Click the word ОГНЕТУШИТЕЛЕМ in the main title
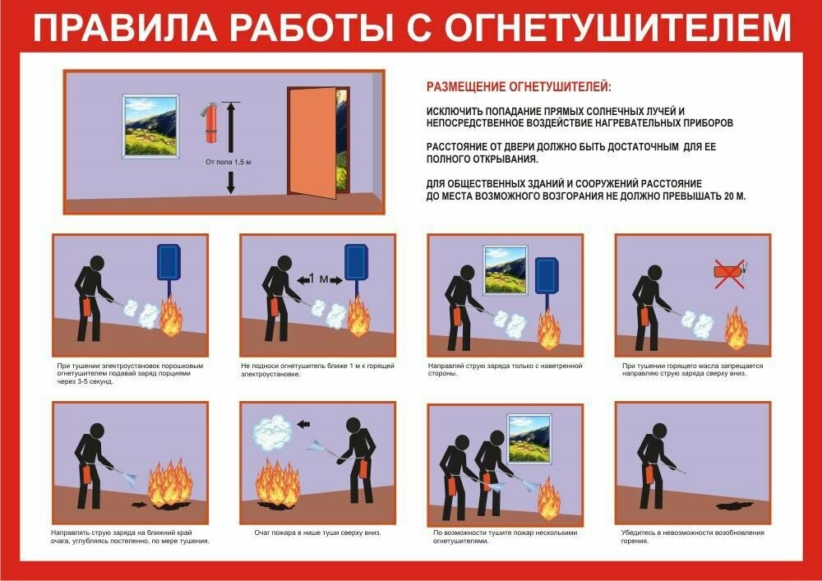617,28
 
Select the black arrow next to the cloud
304,424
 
